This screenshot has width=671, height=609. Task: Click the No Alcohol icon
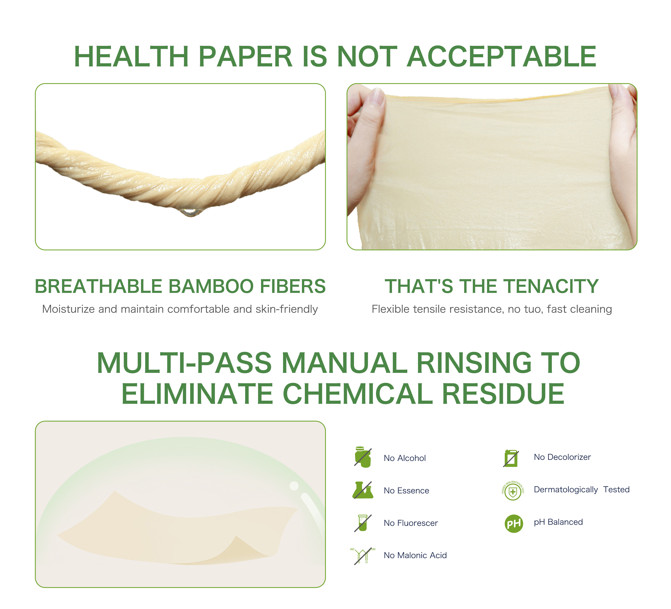(x=363, y=457)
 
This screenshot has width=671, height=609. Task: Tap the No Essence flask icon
(x=363, y=490)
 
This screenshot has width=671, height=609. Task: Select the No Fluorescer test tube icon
(x=362, y=523)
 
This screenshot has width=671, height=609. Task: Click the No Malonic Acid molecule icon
(x=362, y=555)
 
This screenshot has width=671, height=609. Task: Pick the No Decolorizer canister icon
(x=511, y=458)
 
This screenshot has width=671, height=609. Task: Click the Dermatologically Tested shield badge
(x=513, y=491)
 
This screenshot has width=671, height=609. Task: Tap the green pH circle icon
(x=514, y=524)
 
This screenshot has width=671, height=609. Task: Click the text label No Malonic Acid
(x=415, y=555)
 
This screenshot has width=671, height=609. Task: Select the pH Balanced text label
(x=558, y=522)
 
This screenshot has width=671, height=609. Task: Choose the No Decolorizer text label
(x=562, y=457)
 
